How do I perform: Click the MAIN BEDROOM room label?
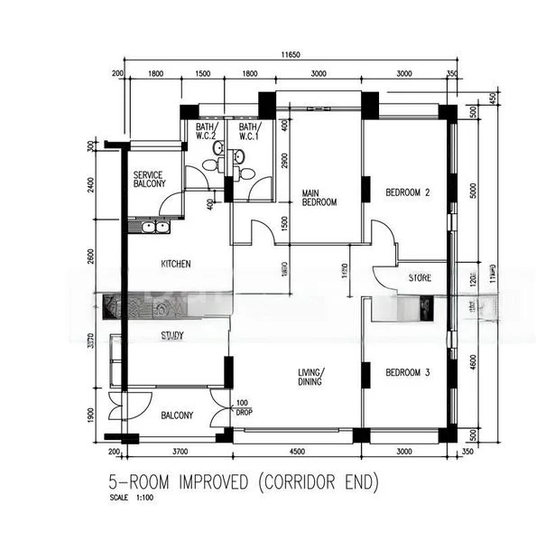[x=319, y=197]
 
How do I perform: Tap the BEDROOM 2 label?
[x=407, y=192]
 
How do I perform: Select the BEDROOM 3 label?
[x=407, y=372]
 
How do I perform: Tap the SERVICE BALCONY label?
[x=149, y=179]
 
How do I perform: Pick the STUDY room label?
[x=172, y=336]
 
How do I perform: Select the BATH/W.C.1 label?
[x=249, y=132]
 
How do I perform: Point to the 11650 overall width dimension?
[x=290, y=55]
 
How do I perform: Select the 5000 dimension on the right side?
[x=473, y=192]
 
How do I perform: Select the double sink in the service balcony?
[x=150, y=227]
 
